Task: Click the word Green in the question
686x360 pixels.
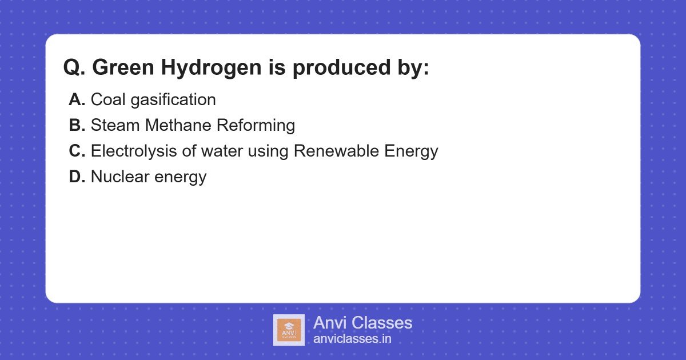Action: coord(123,68)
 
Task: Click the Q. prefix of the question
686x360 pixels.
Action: coord(74,68)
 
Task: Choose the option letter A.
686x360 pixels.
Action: coord(77,100)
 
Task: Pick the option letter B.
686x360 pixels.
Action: coord(77,126)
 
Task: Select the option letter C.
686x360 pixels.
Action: coord(77,151)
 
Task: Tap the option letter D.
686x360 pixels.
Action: coord(77,177)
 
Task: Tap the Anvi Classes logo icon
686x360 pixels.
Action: coord(289,330)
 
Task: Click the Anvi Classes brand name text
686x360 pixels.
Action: coord(362,323)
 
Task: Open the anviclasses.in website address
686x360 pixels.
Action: coord(352,339)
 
